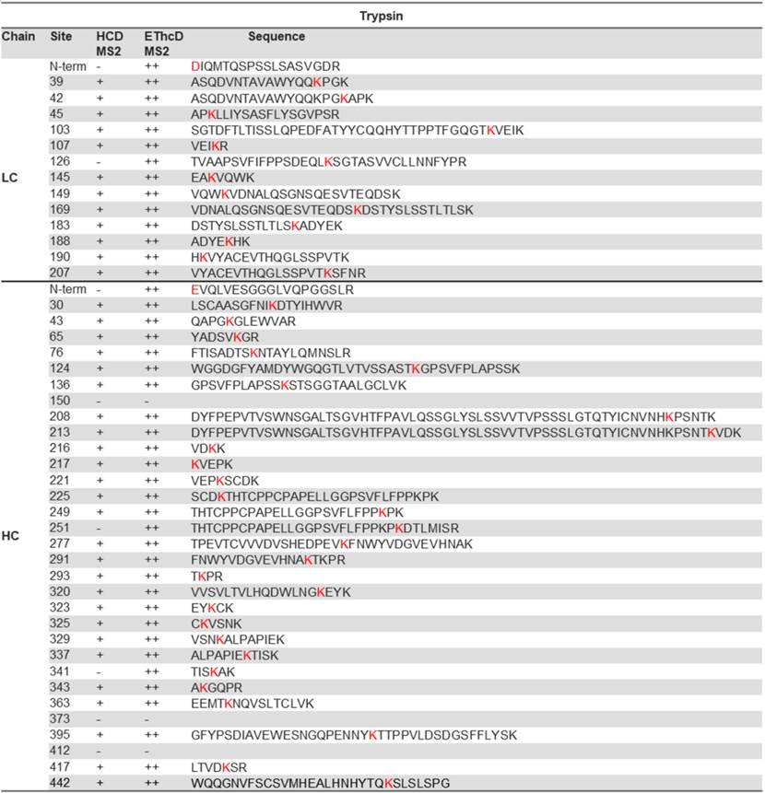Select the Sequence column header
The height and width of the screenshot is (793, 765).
[x=276, y=37]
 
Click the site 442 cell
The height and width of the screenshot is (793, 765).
[x=61, y=782]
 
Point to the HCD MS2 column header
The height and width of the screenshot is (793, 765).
[x=109, y=43]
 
